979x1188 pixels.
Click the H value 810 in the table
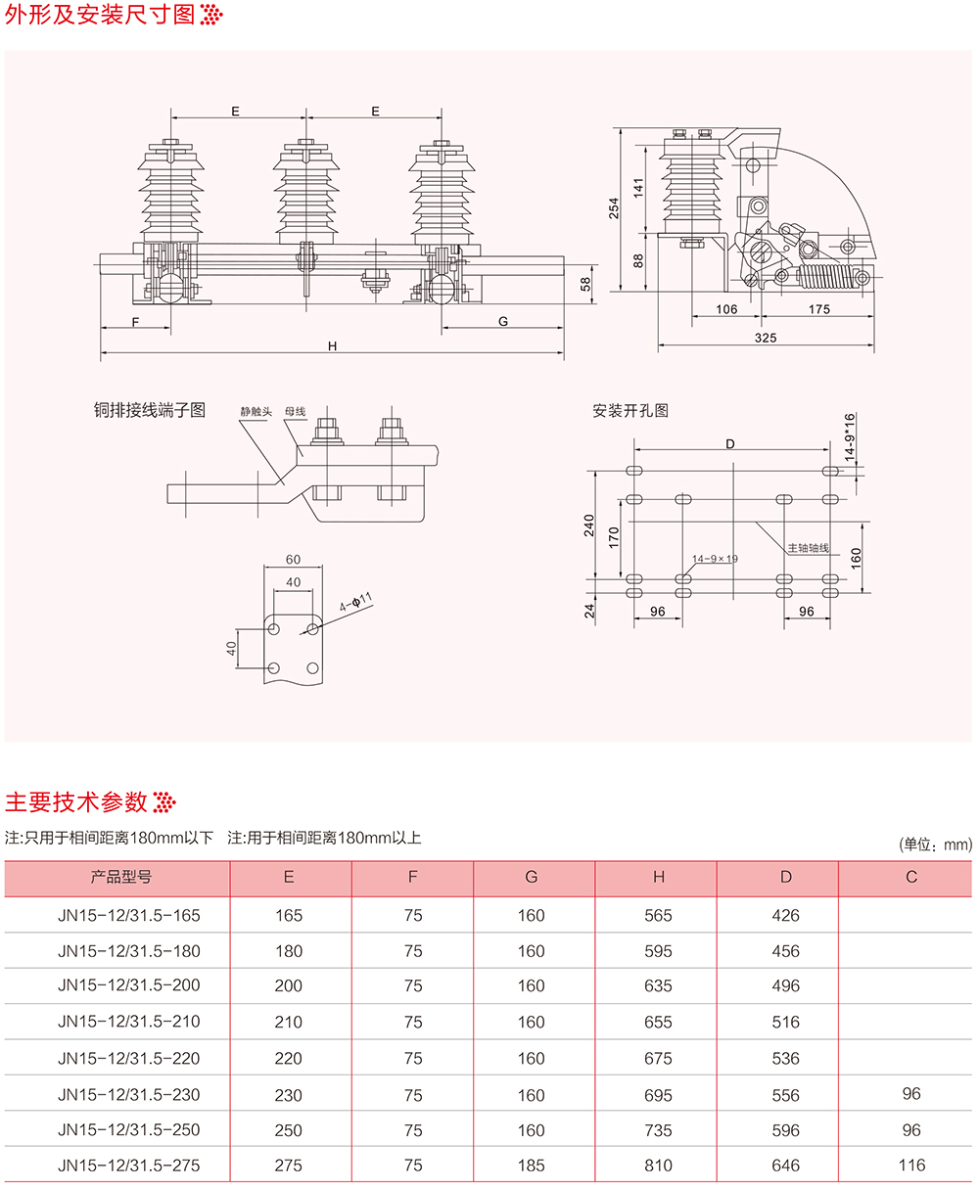pyautogui.click(x=659, y=1165)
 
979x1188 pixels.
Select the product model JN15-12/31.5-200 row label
pyautogui.click(x=129, y=986)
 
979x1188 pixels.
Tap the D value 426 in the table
pyautogui.click(x=785, y=916)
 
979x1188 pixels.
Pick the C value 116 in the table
pyautogui.click(x=911, y=1165)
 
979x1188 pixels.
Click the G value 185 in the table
pyautogui.click(x=532, y=1165)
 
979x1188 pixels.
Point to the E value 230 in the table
pyautogui.click(x=289, y=1095)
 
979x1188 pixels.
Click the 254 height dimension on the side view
pyautogui.click(x=615, y=208)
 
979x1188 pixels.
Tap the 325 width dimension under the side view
pyautogui.click(x=766, y=338)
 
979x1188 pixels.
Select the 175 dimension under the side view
pyautogui.click(x=819, y=309)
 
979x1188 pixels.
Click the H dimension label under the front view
pyautogui.click(x=332, y=345)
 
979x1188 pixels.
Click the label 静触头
pyautogui.click(x=256, y=412)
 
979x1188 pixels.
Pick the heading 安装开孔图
pyautogui.click(x=630, y=411)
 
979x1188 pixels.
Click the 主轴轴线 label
pyautogui.click(x=809, y=548)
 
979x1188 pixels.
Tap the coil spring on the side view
pyautogui.click(x=827, y=278)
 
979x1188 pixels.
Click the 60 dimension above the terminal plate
pyautogui.click(x=293, y=560)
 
